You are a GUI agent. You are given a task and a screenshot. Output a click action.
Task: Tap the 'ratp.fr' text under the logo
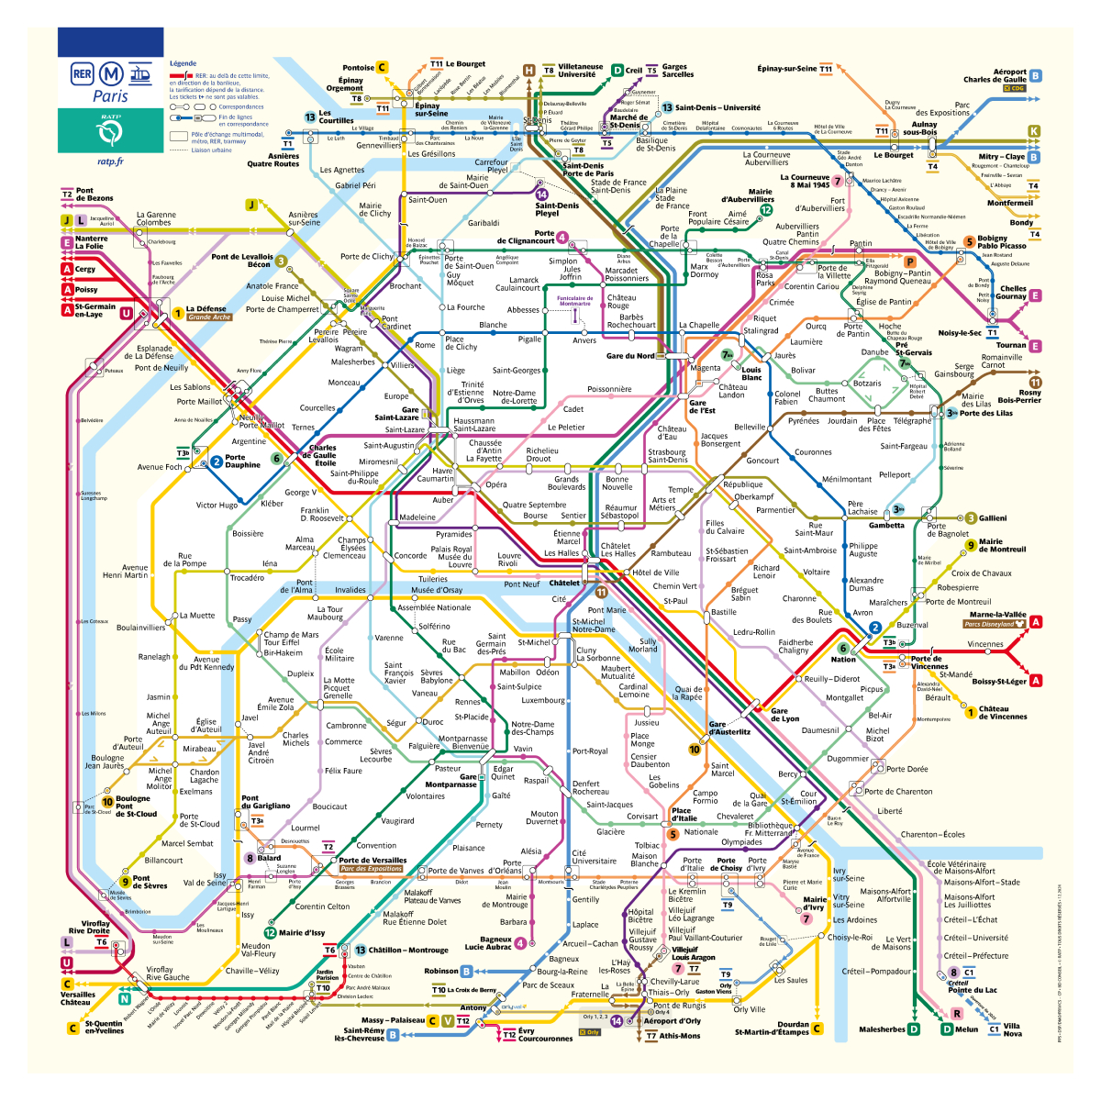tap(110, 161)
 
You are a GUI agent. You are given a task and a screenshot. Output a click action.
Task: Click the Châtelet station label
tap(564, 583)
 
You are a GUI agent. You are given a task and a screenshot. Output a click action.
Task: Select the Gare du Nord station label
tap(631, 356)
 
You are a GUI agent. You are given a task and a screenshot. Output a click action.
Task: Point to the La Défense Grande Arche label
tap(207, 313)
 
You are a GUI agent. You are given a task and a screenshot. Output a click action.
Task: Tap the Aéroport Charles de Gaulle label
tap(995, 75)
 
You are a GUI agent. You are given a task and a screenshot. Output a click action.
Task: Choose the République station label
tap(742, 484)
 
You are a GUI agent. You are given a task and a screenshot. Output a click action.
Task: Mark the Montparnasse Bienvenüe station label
tap(464, 742)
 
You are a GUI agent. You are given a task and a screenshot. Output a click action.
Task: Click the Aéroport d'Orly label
tap(672, 1020)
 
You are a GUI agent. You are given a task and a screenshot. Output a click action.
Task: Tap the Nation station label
tap(844, 659)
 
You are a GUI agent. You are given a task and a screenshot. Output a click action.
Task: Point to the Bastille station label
tap(723, 612)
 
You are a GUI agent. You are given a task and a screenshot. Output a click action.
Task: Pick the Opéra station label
tap(495, 484)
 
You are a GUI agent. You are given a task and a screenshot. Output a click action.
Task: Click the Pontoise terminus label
tap(359, 68)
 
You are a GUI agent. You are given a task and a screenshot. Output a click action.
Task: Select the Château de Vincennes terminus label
tap(1001, 712)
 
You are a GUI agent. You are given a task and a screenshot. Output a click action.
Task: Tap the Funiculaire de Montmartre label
tap(575, 300)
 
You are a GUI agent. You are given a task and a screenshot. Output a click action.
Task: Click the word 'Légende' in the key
tap(183, 63)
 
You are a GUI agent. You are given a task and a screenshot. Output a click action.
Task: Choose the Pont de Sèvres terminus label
tap(149, 882)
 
